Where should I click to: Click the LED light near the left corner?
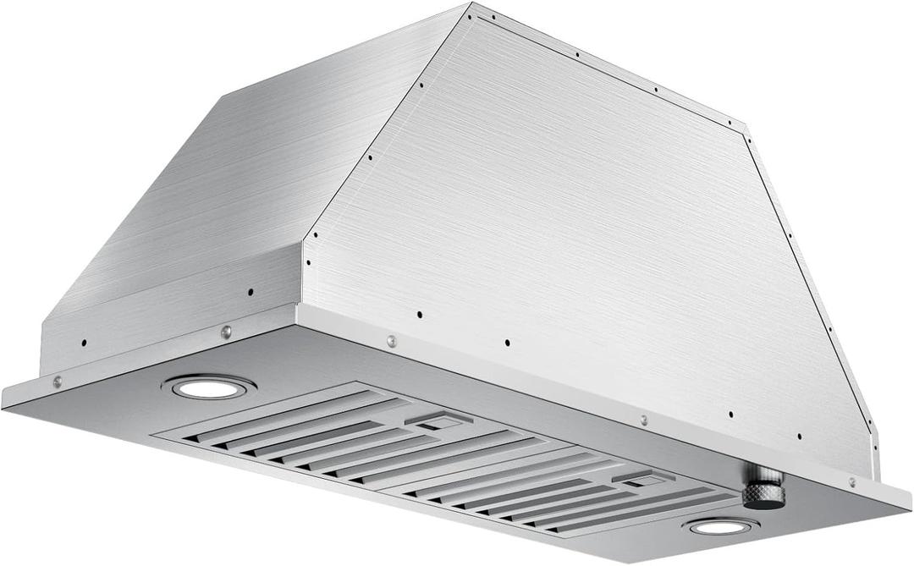point(208,387)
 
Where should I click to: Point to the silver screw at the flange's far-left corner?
point(57,382)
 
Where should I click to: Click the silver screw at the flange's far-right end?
point(851,482)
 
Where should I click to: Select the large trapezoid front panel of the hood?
point(575,220)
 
